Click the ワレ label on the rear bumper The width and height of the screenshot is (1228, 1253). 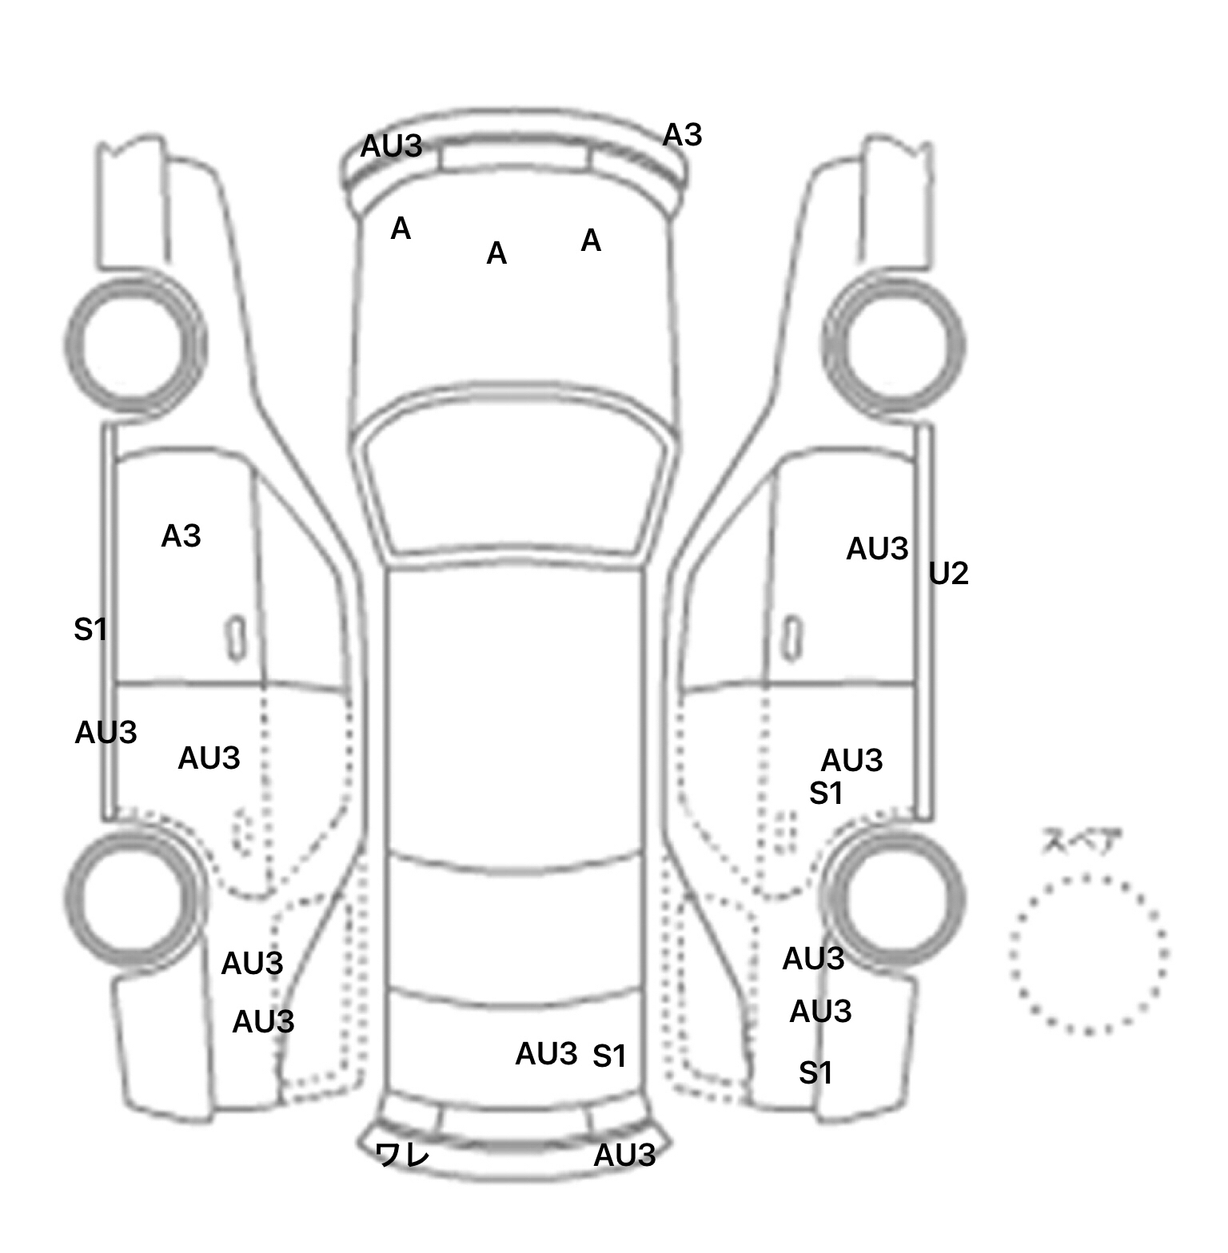(x=402, y=1155)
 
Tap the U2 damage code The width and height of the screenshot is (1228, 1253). (x=948, y=574)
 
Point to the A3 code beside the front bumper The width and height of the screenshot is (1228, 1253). (x=682, y=135)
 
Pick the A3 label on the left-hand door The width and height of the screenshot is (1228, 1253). (x=181, y=536)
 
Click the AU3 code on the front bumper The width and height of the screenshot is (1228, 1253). (x=391, y=146)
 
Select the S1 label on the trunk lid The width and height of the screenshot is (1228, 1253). (x=609, y=1057)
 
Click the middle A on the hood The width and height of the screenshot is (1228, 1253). (x=496, y=254)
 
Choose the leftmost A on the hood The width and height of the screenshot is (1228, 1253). (x=401, y=229)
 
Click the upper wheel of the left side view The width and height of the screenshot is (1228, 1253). (x=134, y=344)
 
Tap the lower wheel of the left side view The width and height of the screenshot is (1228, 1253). (x=134, y=897)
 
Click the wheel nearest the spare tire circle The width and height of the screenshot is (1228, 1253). (x=894, y=897)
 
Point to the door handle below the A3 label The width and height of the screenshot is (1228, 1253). (x=236, y=637)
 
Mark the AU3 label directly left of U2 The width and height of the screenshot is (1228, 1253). (x=877, y=549)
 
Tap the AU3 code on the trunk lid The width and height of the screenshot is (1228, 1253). (x=546, y=1055)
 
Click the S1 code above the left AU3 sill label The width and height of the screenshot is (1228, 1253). (x=90, y=630)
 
